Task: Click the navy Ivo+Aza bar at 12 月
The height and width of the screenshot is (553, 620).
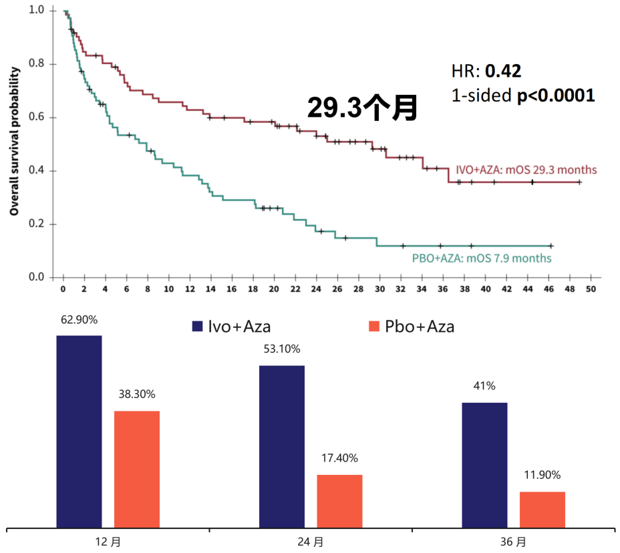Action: pyautogui.click(x=79, y=431)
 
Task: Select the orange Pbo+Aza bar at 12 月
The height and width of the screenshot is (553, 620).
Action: pyautogui.click(x=137, y=469)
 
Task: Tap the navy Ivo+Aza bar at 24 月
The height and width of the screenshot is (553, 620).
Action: pyautogui.click(x=282, y=446)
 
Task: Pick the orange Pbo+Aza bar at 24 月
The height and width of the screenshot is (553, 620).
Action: pyautogui.click(x=339, y=501)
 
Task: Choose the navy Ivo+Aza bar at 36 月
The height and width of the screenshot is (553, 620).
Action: pyautogui.click(x=484, y=465)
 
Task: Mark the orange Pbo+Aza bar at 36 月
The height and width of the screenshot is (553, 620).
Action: pyautogui.click(x=542, y=510)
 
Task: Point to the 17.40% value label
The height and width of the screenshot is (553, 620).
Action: pyautogui.click(x=339, y=458)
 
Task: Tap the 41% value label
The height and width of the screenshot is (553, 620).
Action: pyautogui.click(x=484, y=386)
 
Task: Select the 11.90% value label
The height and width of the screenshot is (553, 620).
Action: pyautogui.click(x=542, y=476)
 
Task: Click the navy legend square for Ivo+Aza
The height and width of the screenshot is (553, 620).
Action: pyautogui.click(x=197, y=326)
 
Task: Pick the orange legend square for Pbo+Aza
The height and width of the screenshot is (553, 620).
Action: pyautogui.click(x=373, y=326)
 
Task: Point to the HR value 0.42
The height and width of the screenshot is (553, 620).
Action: pyautogui.click(x=503, y=71)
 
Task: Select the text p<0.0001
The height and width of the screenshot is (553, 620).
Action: pyautogui.click(x=556, y=96)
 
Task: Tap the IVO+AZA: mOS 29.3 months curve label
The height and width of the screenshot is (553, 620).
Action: pyautogui.click(x=526, y=170)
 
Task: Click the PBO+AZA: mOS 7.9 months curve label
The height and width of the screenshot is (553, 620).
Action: pyautogui.click(x=482, y=258)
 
